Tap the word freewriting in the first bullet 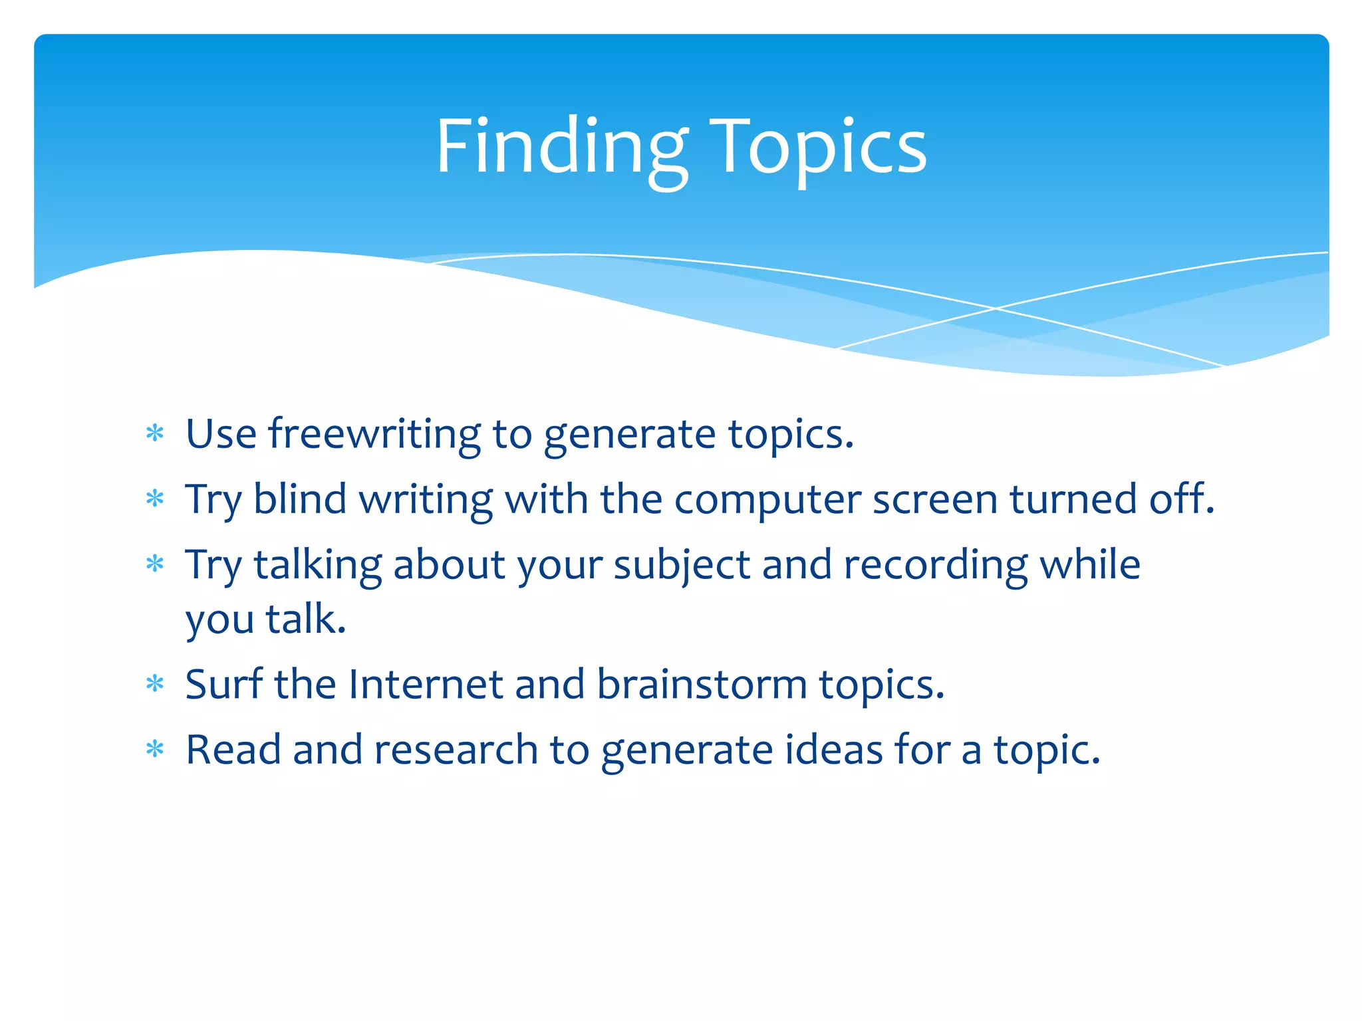374,435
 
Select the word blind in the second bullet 300,499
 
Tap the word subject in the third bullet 681,566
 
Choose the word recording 935,566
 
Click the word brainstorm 702,684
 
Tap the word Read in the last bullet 233,750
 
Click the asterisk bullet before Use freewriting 155,434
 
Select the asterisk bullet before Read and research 155,750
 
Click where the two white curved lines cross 996,308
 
